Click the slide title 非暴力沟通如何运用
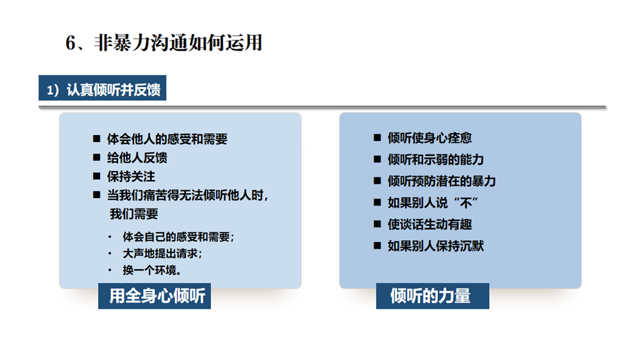(x=178, y=43)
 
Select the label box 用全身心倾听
(x=154, y=296)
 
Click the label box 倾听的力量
(x=433, y=296)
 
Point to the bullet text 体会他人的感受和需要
(x=167, y=139)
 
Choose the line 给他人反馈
(x=137, y=158)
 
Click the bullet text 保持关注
(x=131, y=177)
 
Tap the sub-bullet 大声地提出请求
(x=162, y=254)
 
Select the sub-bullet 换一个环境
(x=152, y=270)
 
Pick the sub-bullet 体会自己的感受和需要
(x=178, y=236)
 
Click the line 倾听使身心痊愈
(x=429, y=138)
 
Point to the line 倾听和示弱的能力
(x=435, y=160)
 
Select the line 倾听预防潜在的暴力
(x=442, y=181)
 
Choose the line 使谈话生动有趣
(x=429, y=224)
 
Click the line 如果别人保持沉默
(x=435, y=246)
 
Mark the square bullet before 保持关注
(x=97, y=176)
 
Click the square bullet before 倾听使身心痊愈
(x=378, y=138)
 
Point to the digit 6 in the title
(x=71, y=43)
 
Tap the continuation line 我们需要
(x=134, y=214)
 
